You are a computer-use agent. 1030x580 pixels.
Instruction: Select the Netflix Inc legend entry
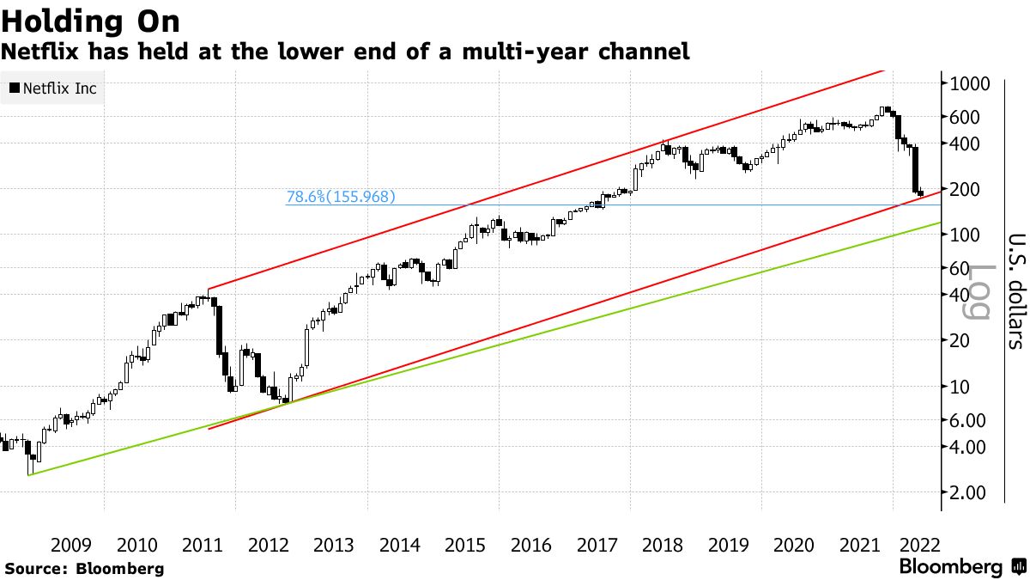coord(53,88)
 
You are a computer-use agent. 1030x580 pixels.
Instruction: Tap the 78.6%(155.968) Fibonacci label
coord(341,197)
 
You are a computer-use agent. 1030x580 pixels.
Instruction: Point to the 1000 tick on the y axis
coord(970,83)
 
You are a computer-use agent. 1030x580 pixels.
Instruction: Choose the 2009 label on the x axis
coord(71,545)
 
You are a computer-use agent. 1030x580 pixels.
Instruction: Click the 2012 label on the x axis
coord(269,545)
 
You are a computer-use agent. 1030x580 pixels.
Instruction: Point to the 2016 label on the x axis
coord(530,545)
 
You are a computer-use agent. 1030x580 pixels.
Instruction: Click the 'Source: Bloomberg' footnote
coord(84,568)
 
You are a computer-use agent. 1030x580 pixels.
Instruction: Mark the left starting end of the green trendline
coord(28,475)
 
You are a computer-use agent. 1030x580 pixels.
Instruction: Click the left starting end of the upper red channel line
coord(209,290)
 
